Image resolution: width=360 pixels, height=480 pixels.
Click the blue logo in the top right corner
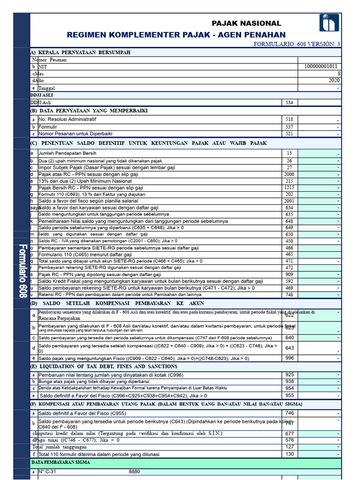329,22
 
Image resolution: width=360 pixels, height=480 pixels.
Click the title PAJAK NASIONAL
246,23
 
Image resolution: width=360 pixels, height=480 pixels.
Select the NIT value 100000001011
320,67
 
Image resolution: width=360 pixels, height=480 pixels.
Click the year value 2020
334,81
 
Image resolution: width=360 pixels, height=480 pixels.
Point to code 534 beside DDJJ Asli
289,102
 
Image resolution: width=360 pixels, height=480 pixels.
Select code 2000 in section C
289,174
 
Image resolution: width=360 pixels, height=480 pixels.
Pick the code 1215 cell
289,187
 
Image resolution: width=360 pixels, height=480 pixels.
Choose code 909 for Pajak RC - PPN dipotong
289,274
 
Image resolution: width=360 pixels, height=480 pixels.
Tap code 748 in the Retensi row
289,294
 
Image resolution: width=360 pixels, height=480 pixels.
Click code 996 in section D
289,358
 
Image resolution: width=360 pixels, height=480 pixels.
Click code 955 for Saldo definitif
289,395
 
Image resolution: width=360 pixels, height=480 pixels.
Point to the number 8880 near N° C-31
134,472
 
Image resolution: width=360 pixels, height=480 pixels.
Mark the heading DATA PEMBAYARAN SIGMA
60,462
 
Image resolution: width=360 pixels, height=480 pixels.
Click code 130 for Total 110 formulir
289,454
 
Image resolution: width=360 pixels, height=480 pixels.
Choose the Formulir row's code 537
289,127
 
